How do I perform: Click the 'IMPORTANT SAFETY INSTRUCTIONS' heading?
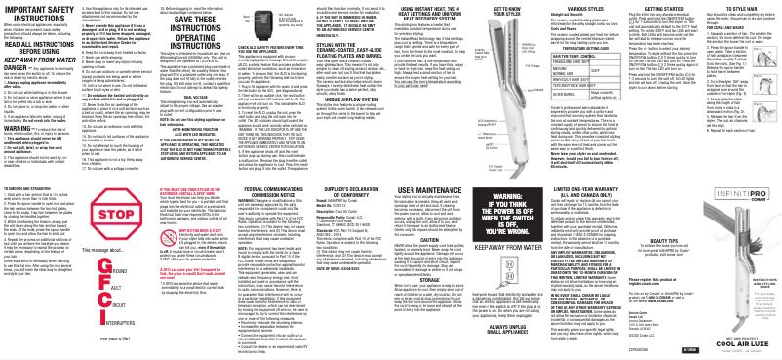pyautogui.click(x=38, y=13)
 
